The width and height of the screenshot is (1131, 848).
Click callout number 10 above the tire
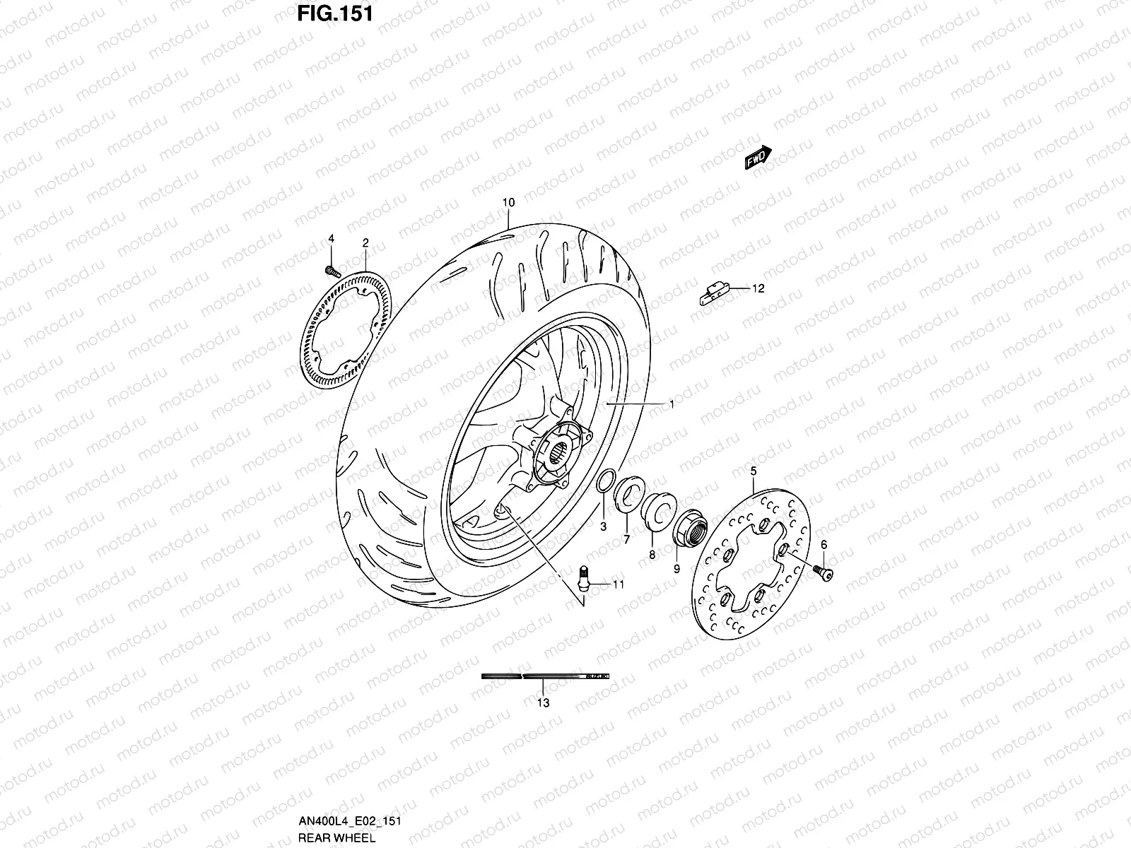point(508,202)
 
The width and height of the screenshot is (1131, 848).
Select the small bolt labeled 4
point(331,270)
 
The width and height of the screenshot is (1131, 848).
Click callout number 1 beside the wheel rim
point(672,404)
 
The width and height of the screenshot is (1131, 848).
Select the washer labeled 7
point(627,491)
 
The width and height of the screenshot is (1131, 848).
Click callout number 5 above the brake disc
point(753,471)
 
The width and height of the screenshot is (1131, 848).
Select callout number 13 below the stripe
point(543,702)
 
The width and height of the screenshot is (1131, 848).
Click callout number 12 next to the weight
point(758,288)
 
